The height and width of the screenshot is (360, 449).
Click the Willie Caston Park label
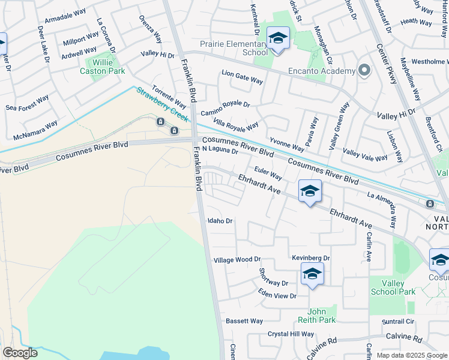point(103,66)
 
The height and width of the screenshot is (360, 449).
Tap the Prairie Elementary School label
point(234,48)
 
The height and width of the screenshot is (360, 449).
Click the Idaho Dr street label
point(220,221)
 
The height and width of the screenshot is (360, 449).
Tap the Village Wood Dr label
point(237,260)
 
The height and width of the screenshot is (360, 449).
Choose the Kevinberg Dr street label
point(311,257)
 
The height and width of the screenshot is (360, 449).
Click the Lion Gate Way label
point(243,77)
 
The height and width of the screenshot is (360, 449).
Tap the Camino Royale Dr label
point(225,108)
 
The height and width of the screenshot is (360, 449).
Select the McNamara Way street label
point(35,129)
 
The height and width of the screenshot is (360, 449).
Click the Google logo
point(20,353)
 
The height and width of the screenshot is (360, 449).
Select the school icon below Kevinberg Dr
point(313,274)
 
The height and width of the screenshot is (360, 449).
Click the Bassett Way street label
point(244,321)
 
